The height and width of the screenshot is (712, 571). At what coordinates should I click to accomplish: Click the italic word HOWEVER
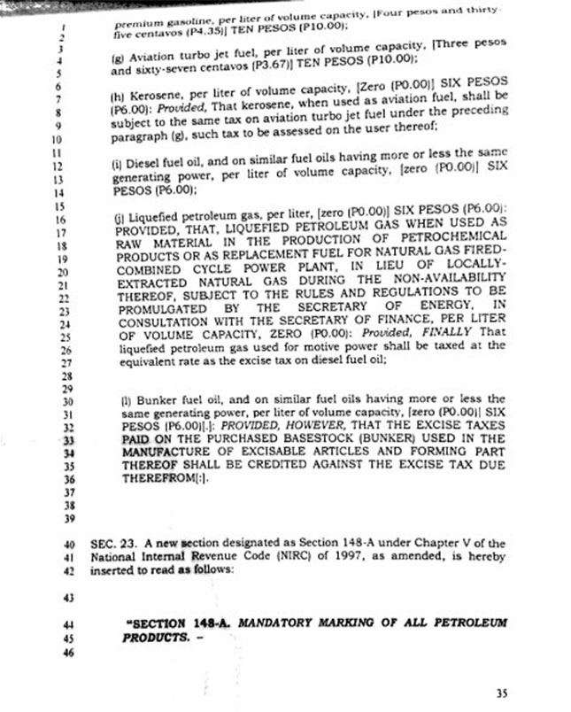326,427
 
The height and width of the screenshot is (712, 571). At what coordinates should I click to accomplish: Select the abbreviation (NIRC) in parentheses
299,557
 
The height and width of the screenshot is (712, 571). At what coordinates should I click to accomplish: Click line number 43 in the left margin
69,599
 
